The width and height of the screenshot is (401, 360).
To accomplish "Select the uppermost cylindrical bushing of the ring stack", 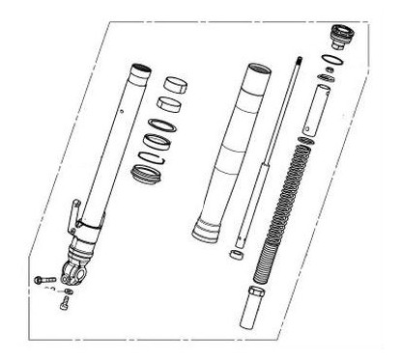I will [174, 84].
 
